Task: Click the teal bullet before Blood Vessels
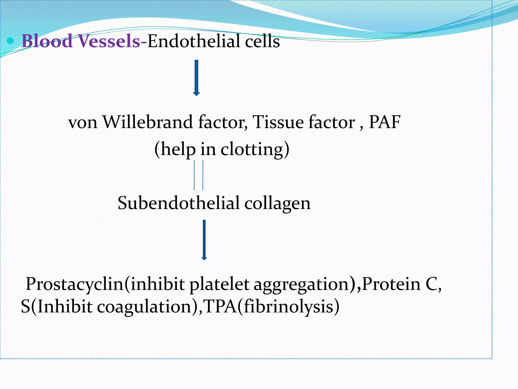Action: pos(10,41)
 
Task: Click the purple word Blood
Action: pos(47,41)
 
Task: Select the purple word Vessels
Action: pos(109,41)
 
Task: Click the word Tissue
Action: pos(278,122)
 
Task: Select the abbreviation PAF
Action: pos(384,122)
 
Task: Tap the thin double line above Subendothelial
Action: pos(199,175)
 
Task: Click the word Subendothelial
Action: pos(178,203)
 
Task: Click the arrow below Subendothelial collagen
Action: pos(204,240)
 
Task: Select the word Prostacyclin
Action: pos(74,284)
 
